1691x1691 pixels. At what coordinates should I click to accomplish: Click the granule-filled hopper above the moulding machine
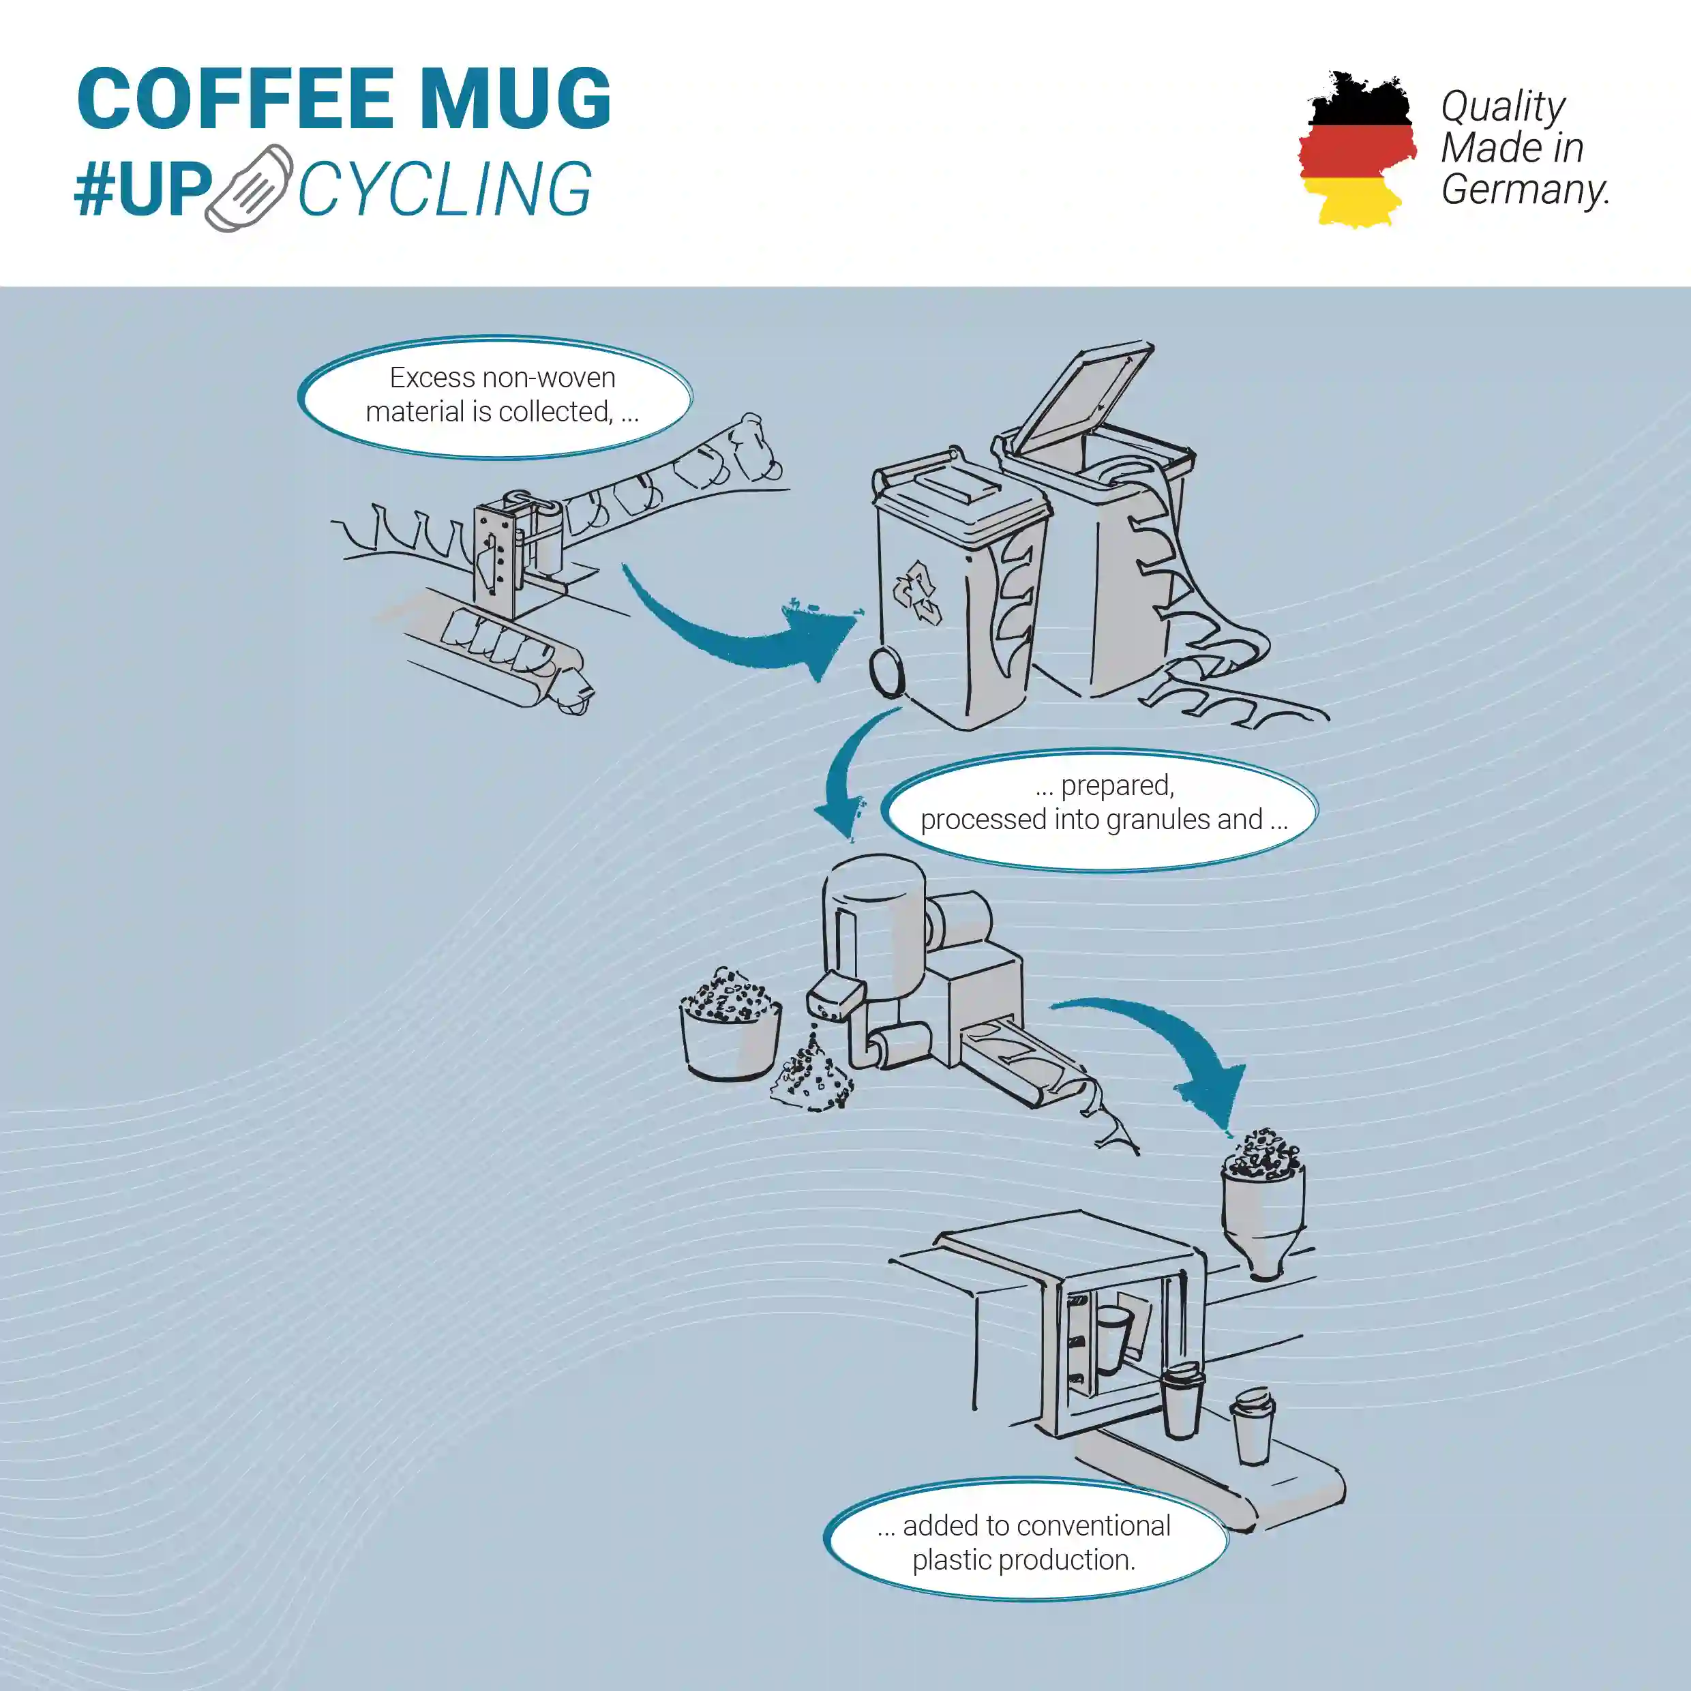[1263, 1199]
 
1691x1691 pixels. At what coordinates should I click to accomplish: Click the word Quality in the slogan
[1503, 108]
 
